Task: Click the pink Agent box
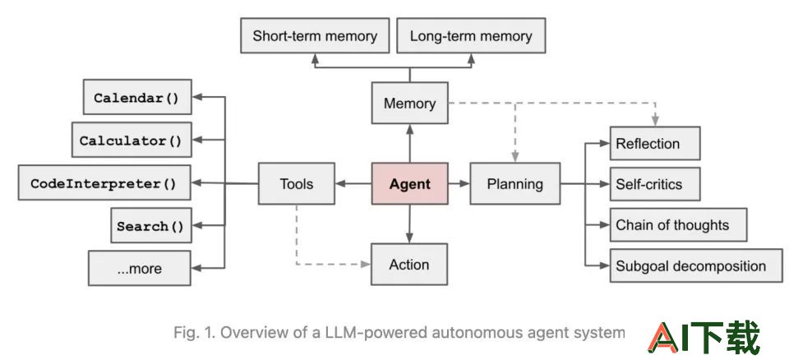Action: (x=409, y=184)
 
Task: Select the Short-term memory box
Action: (x=315, y=35)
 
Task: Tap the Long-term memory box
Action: (x=471, y=35)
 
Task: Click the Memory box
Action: (x=409, y=104)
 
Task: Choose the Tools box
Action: (x=297, y=184)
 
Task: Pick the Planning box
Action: (x=515, y=184)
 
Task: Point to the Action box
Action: (x=409, y=265)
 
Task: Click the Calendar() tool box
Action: (x=137, y=97)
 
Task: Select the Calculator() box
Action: (x=131, y=140)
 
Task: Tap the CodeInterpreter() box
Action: (x=104, y=182)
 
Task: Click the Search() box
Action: (x=151, y=225)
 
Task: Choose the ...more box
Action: (x=140, y=269)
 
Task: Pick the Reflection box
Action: (x=655, y=144)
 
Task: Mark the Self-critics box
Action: (x=655, y=184)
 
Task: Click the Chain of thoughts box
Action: (x=678, y=224)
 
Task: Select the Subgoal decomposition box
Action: (x=696, y=265)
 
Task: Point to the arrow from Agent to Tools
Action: (x=353, y=184)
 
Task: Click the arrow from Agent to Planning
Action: (x=459, y=184)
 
